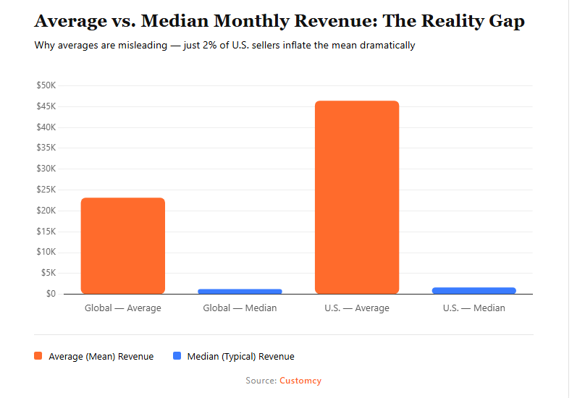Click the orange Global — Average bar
tap(123, 246)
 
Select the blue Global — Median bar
tap(240, 291)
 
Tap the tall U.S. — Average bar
tap(357, 198)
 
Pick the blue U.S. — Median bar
tap(474, 290)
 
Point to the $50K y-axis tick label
tap(46, 85)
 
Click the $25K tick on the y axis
tap(46, 190)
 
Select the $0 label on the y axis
tap(50, 294)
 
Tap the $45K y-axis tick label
tap(46, 106)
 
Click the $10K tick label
tap(46, 253)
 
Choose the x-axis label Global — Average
tap(123, 308)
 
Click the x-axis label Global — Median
tap(240, 308)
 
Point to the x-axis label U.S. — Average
tap(357, 308)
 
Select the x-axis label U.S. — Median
tap(474, 308)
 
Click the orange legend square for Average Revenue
tap(38, 356)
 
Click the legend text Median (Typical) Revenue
tap(240, 356)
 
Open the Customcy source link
tap(300, 381)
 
